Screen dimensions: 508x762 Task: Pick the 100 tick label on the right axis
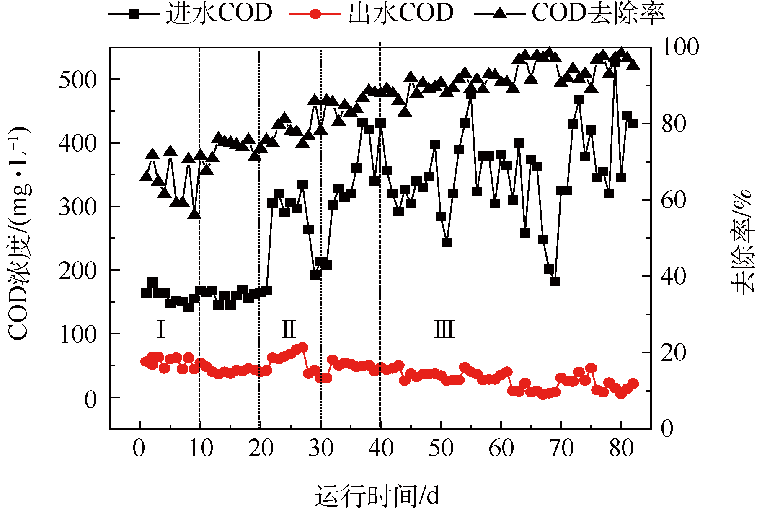click(680, 47)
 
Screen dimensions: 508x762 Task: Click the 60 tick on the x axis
click(501, 448)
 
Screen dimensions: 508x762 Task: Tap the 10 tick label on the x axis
click(200, 448)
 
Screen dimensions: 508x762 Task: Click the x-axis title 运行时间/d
click(377, 496)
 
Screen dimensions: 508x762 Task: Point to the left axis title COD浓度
click(19, 233)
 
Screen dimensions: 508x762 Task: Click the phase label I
click(160, 329)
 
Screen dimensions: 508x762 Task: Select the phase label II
click(289, 329)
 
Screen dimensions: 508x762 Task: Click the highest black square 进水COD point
click(615, 62)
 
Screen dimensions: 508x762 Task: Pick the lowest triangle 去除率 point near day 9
click(194, 214)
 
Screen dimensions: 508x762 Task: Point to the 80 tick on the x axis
click(621, 448)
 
